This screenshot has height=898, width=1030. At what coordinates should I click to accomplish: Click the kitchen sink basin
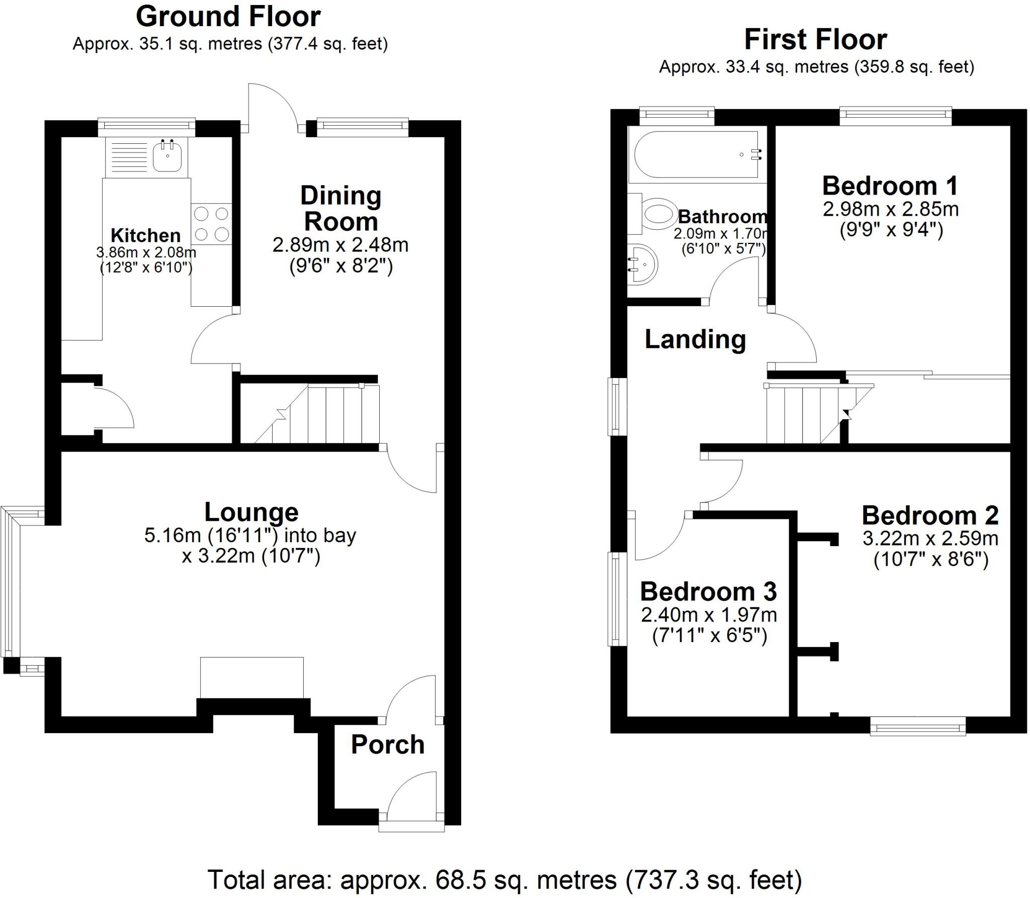(167, 156)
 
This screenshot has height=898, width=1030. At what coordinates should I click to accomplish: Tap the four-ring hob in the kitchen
(211, 224)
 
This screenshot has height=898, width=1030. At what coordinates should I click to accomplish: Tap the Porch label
(388, 745)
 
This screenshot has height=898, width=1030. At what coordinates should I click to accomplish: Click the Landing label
(695, 339)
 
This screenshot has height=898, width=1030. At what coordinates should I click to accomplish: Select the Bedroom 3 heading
(708, 592)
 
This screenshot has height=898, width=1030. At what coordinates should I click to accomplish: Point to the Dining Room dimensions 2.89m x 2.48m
(340, 245)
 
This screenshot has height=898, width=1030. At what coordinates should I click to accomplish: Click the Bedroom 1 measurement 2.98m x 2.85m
(891, 209)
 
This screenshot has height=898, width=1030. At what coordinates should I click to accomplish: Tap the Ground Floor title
(228, 17)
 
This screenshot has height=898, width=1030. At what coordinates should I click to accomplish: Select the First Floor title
(815, 40)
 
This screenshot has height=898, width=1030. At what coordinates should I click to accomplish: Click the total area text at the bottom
(504, 879)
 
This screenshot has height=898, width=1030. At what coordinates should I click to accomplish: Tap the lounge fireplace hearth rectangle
(251, 677)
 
